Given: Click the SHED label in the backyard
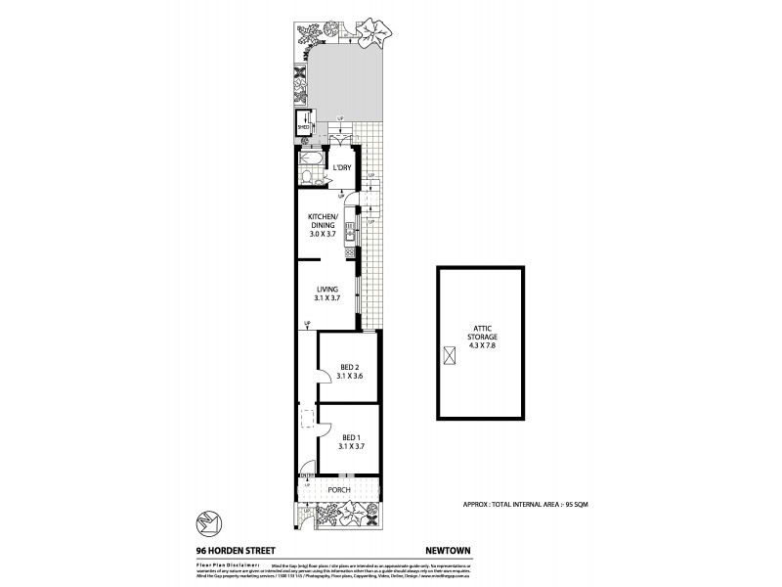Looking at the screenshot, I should click(303, 125).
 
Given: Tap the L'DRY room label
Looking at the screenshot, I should click(341, 168).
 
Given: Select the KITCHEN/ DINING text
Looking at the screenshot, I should click(323, 225).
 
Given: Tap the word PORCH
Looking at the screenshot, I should click(338, 489).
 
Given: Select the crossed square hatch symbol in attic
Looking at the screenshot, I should click(451, 358).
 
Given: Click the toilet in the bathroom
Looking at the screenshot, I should click(306, 177).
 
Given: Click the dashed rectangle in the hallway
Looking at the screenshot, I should click(305, 419).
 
